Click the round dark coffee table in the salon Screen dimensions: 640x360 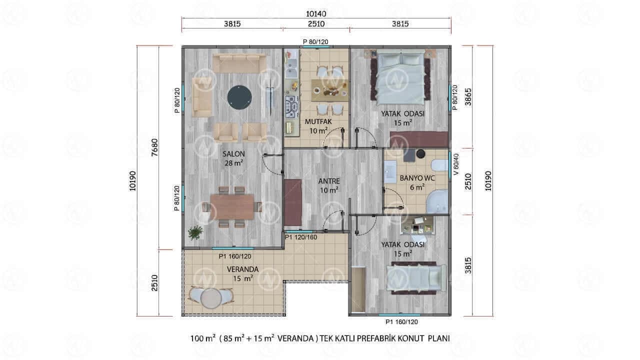coord(239,97)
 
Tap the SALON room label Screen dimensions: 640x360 coord(233,154)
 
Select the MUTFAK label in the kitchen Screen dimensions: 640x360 coord(318,121)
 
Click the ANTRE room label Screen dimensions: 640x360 coord(329,181)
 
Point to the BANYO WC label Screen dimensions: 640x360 coord(417,178)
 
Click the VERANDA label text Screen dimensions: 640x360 coord(243,269)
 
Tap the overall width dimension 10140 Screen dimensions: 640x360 coord(316,13)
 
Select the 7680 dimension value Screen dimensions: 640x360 coord(154,147)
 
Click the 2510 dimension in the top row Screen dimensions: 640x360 coord(316,23)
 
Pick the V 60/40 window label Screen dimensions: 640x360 coord(456,164)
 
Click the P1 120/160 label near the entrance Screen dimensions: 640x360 coord(301,237)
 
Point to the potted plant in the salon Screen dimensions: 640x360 coord(195,232)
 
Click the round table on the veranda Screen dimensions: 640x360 coord(211,298)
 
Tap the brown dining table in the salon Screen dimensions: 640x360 coord(232,207)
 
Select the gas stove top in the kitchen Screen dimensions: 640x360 coord(291,107)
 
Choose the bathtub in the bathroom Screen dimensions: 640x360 coord(437,201)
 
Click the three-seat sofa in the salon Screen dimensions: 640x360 coord(239,63)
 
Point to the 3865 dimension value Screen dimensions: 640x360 coord(468,97)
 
